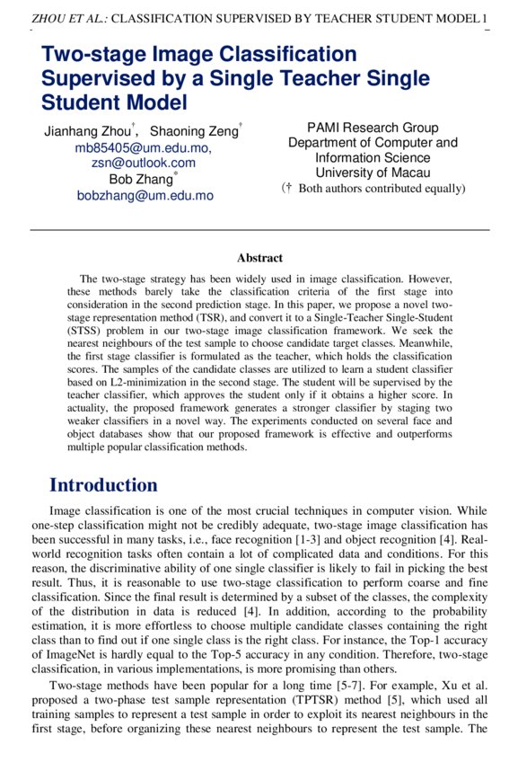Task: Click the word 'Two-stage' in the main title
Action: (x=90, y=56)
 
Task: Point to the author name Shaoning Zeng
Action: (x=194, y=132)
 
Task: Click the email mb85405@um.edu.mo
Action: (x=143, y=148)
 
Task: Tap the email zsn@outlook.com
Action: (x=143, y=164)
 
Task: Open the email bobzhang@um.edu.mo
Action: (x=145, y=195)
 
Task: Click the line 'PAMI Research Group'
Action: (x=373, y=128)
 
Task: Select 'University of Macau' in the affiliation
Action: (x=373, y=173)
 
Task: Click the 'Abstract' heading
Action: (x=259, y=258)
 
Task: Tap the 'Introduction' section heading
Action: (x=103, y=485)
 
